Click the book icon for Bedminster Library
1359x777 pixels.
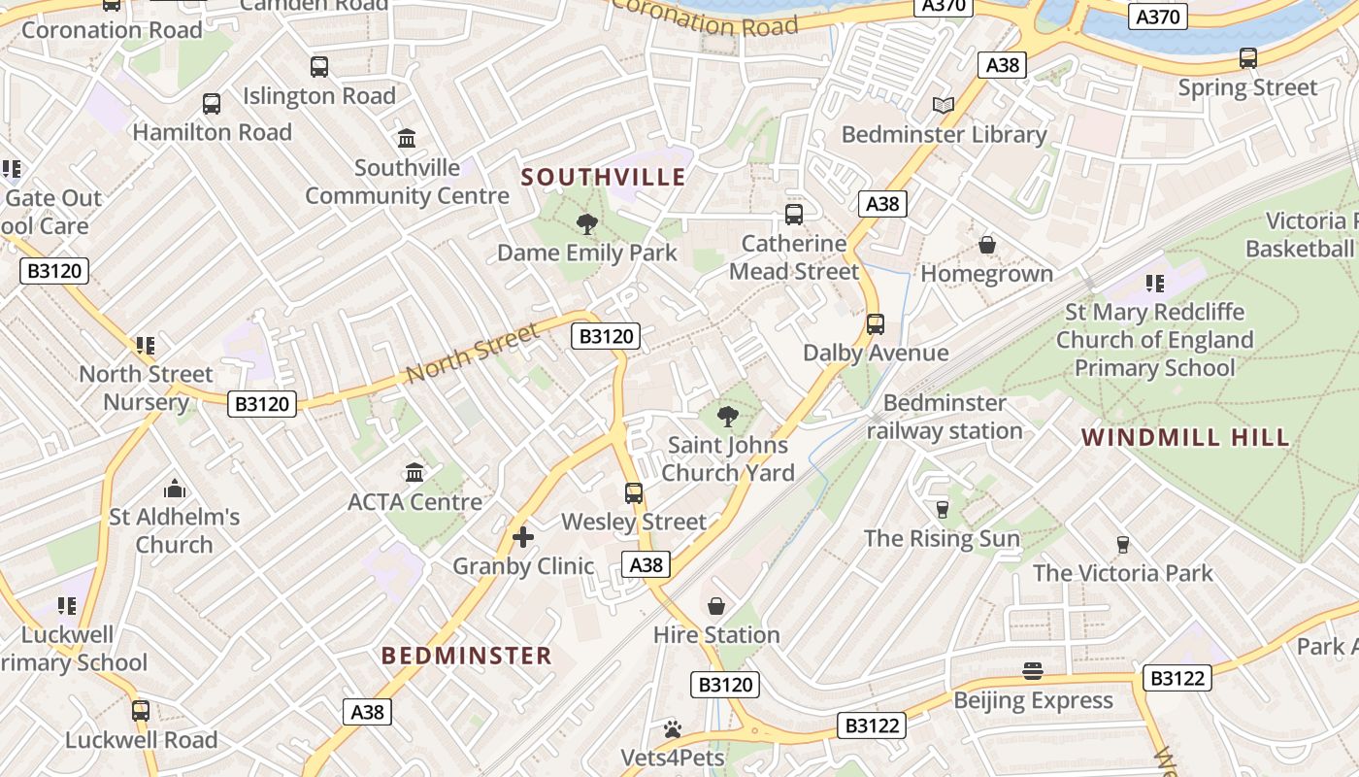(x=943, y=105)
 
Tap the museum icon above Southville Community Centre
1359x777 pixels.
(x=407, y=138)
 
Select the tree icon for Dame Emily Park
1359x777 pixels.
(x=586, y=224)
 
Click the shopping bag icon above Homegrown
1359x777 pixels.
(x=987, y=245)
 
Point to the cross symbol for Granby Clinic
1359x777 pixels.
(x=523, y=536)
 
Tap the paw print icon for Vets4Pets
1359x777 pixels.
(x=673, y=728)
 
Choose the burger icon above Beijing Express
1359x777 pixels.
(x=1032, y=671)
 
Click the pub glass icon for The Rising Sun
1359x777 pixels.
(x=942, y=509)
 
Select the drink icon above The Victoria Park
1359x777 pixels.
(x=1123, y=544)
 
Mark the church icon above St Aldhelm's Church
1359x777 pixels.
(x=175, y=488)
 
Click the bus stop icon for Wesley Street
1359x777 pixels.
(x=634, y=492)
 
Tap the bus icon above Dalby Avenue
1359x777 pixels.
(x=876, y=323)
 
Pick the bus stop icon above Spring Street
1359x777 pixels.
(x=1248, y=58)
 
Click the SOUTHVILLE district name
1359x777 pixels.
(x=604, y=178)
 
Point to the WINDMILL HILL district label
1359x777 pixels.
(x=1186, y=437)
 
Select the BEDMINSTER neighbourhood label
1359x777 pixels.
(x=467, y=656)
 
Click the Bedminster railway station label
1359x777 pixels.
(x=945, y=417)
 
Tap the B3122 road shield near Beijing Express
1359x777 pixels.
(x=1177, y=678)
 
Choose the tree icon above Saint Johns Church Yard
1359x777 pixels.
(x=728, y=417)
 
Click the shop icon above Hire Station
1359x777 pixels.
(x=716, y=606)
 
